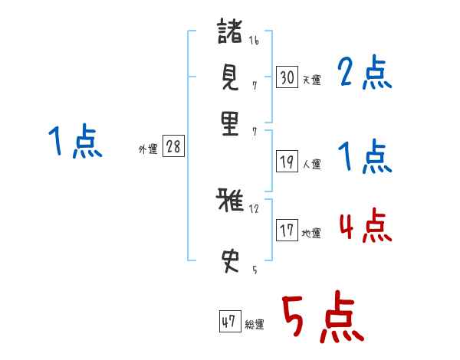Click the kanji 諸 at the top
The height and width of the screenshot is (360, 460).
pos(230,33)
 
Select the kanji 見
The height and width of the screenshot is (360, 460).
pos(230,77)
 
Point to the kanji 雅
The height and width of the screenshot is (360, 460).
pos(230,201)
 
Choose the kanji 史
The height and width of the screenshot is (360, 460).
pos(230,261)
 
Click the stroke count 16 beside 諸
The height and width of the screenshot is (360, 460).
pos(254,41)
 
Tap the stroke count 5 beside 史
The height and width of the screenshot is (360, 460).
pos(254,270)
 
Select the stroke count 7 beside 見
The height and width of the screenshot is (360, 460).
pos(254,85)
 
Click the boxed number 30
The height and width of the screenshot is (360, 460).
pos(287,77)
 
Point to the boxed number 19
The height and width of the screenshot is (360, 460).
pos(287,161)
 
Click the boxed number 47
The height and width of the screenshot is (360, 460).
pos(228,322)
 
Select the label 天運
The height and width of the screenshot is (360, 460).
pos(311,80)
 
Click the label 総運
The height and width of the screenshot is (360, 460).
pos(254,325)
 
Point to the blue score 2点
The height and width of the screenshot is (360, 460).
pos(365,74)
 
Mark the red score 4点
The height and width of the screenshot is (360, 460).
pos(365,227)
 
